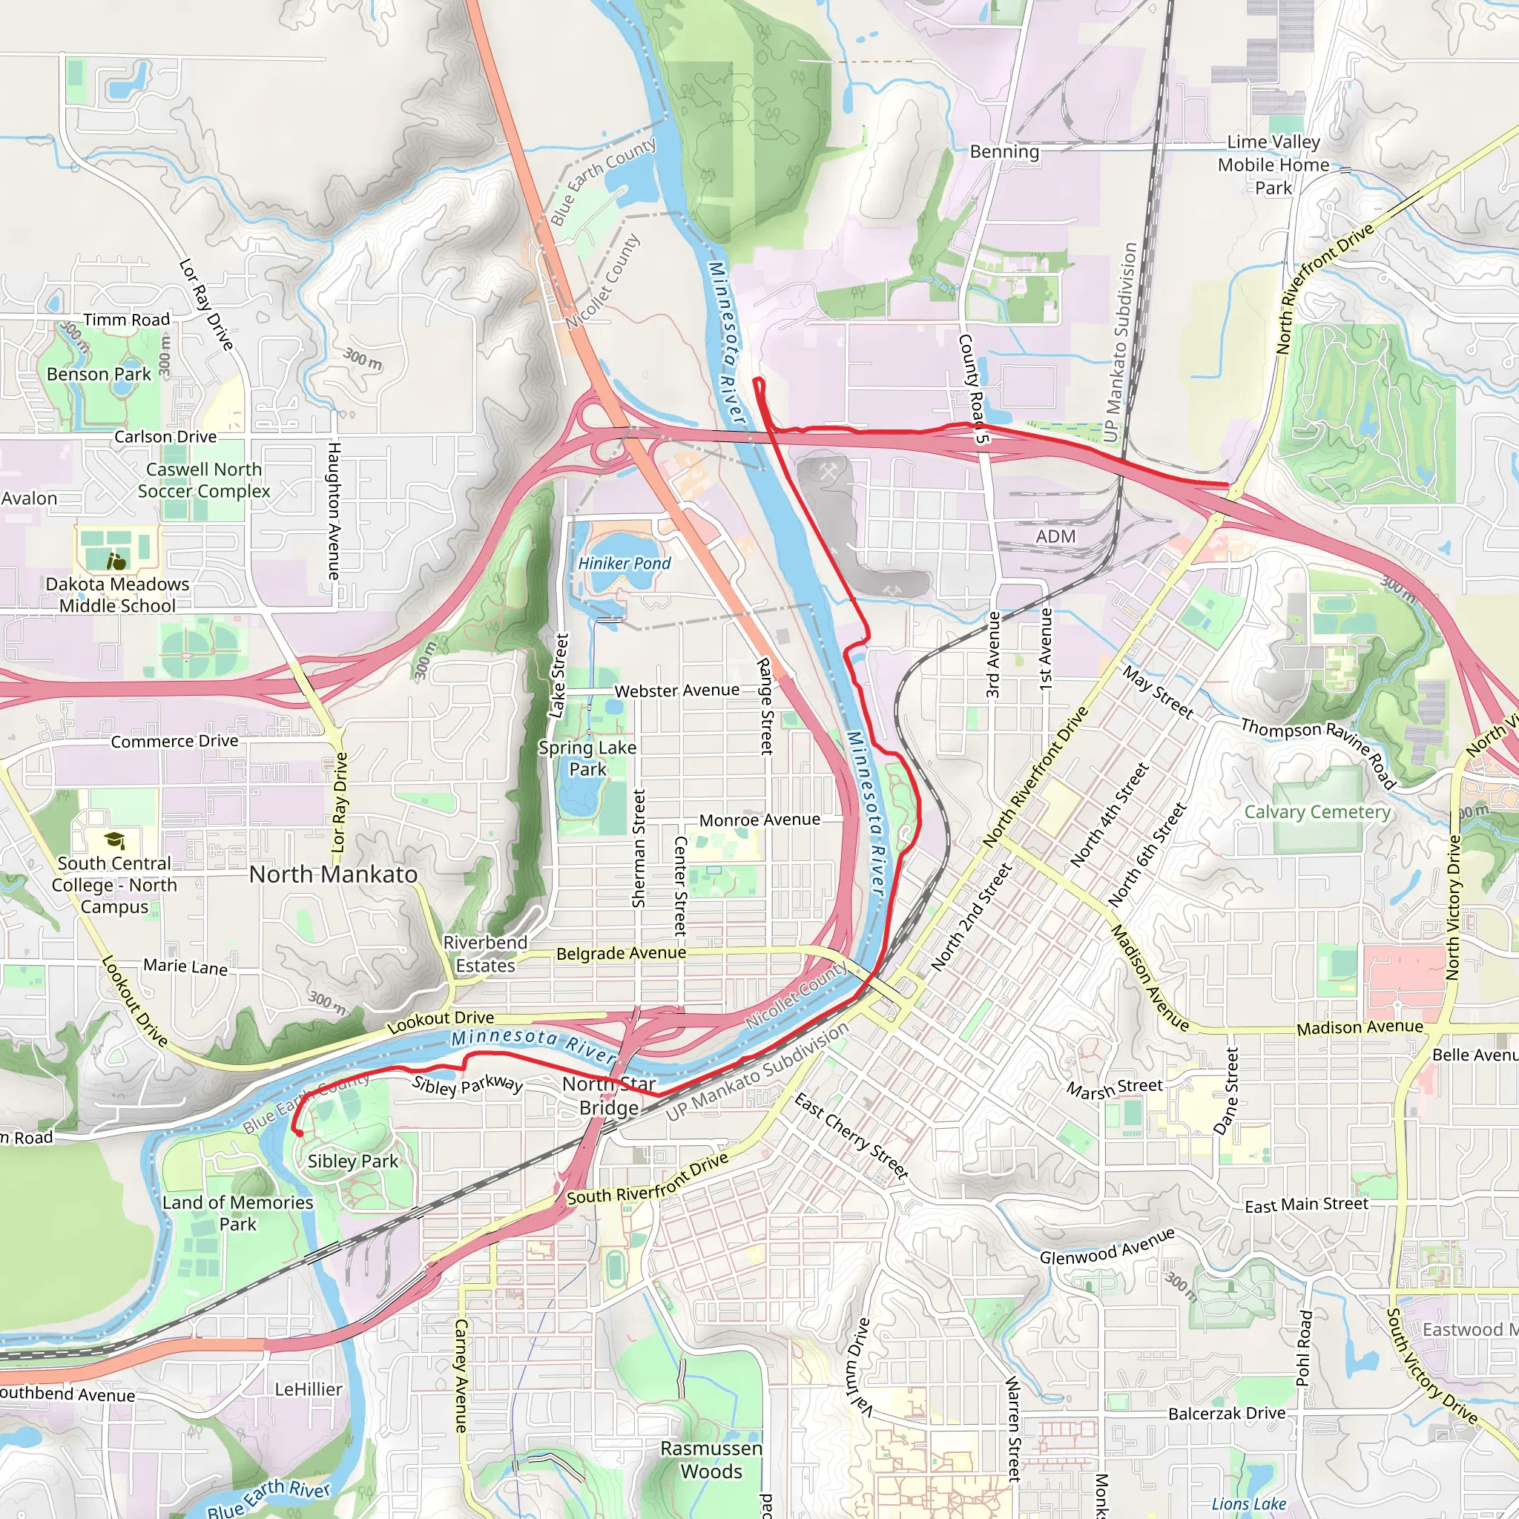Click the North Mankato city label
tap(333, 874)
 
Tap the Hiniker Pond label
tap(625, 564)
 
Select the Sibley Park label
tap(352, 1161)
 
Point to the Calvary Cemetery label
tap(1317, 811)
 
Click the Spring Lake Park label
tap(587, 758)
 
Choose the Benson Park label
tap(99, 375)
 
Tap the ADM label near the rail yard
tap(1055, 536)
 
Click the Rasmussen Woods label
tap(711, 1459)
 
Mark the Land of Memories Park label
tap(237, 1213)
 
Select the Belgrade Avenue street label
tap(621, 954)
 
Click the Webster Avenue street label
tap(676, 691)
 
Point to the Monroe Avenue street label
tap(759, 820)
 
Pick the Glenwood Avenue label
tap(1107, 1246)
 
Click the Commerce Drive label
tap(174, 742)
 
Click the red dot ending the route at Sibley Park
tap(300, 1133)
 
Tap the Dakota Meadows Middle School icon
tap(116, 561)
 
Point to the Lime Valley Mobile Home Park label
tap(1273, 165)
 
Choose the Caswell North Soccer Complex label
tap(204, 480)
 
